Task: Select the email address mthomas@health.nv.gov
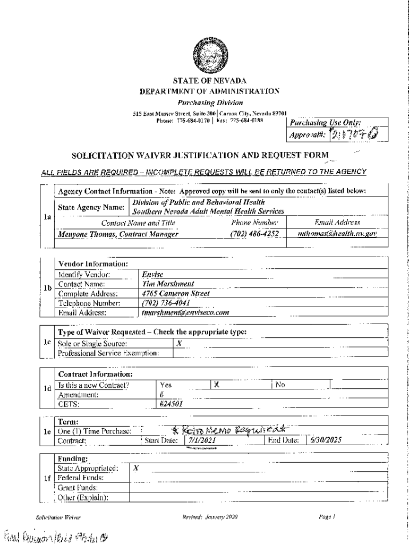(x=337, y=233)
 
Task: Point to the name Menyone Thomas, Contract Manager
(x=118, y=233)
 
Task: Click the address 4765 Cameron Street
(x=176, y=293)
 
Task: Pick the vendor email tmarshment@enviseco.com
(x=185, y=312)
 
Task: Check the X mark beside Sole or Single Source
(x=179, y=343)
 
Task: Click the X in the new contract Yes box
(x=216, y=384)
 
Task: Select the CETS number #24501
(x=171, y=403)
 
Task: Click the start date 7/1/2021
(x=201, y=440)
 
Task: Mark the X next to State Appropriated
(x=136, y=469)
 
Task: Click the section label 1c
(x=47, y=343)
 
